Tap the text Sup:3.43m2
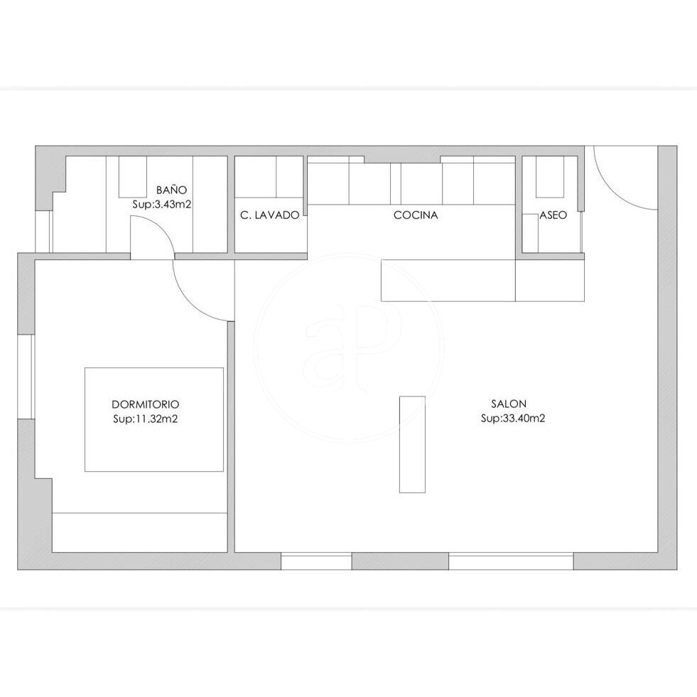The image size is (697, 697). (x=162, y=205)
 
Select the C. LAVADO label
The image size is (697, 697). (x=270, y=215)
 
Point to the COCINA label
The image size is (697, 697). (x=416, y=215)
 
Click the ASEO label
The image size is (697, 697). (x=553, y=215)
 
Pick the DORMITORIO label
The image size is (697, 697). (x=146, y=404)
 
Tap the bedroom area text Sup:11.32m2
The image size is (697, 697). (x=146, y=418)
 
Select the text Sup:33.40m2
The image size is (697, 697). (x=513, y=418)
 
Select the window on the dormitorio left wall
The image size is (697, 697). (x=26, y=376)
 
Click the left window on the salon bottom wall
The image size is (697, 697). (x=316, y=561)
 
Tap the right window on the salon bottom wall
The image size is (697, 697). (x=511, y=561)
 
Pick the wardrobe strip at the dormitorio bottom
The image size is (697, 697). (x=140, y=533)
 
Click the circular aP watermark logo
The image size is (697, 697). (x=349, y=347)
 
